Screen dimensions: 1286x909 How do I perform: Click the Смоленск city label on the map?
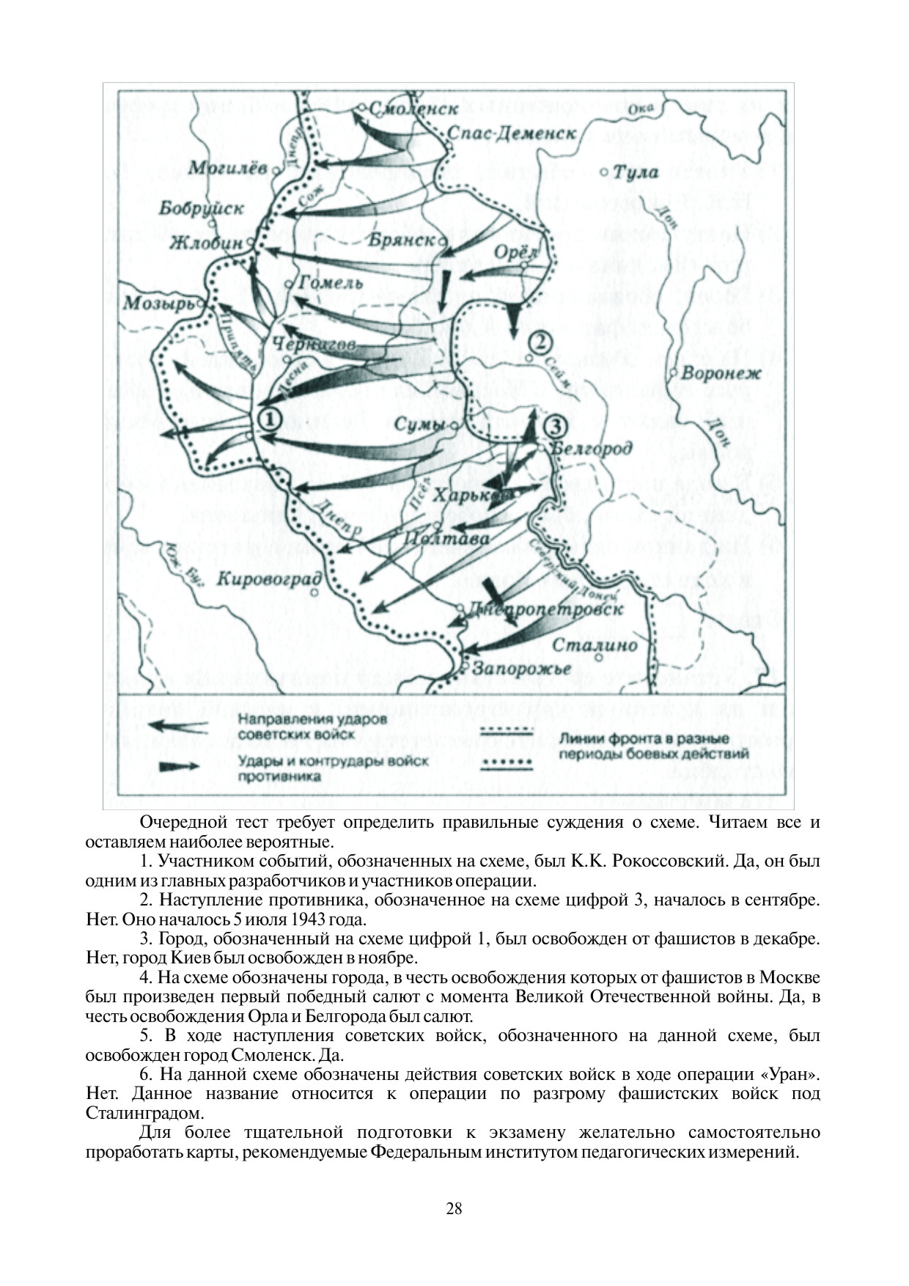click(413, 109)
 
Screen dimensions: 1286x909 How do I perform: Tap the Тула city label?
click(635, 173)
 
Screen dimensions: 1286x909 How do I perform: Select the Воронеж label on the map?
click(721, 373)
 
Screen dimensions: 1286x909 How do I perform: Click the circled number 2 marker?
click(540, 342)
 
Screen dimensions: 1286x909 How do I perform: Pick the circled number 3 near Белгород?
click(556, 425)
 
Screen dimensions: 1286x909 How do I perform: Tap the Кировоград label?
click(269, 578)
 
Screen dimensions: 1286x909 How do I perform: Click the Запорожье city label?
click(521, 669)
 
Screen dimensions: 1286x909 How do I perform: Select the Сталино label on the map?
click(594, 645)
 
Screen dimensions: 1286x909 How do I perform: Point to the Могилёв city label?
click(227, 168)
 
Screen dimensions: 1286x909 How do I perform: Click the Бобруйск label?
click(202, 209)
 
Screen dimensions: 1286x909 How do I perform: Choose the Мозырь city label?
click(158, 303)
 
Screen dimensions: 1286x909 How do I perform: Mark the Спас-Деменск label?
click(512, 133)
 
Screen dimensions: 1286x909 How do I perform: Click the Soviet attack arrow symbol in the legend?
click(180, 727)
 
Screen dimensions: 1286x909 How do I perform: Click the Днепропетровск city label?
click(545, 609)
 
